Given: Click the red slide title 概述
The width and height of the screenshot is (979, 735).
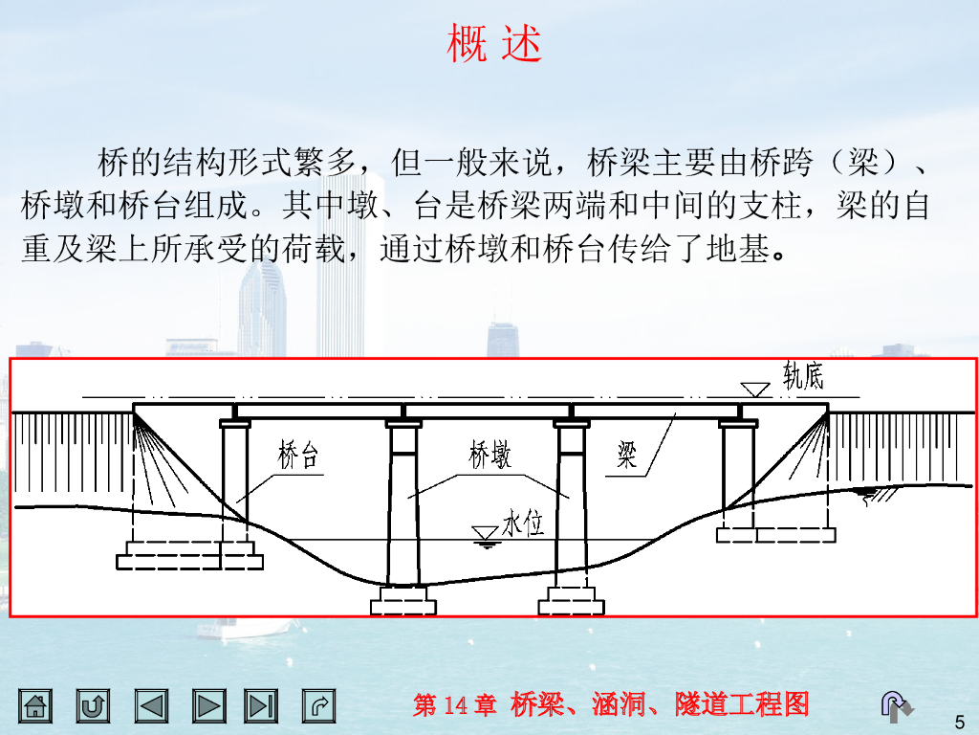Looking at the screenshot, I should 494,44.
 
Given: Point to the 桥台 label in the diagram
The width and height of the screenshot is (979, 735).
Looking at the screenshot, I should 298,457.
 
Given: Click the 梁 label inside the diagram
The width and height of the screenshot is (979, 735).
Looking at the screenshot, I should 626,457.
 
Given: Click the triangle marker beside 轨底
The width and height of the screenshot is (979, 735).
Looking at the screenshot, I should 755,389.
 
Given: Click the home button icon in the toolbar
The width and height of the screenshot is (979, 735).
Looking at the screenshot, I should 36,706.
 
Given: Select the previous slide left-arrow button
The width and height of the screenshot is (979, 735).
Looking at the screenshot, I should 151,706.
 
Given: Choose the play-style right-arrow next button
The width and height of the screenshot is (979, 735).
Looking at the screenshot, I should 208,706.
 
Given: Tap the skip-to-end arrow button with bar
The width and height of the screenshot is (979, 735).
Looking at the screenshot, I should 260,706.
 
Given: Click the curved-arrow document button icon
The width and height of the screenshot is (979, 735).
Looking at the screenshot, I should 319,706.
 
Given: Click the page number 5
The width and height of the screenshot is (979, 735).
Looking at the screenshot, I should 960,721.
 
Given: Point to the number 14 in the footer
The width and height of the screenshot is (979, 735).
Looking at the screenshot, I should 456,706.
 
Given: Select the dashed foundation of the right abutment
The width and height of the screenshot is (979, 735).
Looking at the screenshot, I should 776,534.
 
